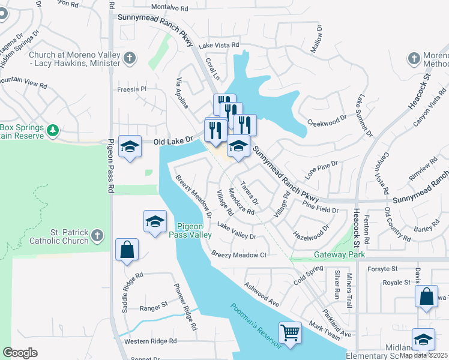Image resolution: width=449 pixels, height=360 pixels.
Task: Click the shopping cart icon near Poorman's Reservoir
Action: pos(290,332)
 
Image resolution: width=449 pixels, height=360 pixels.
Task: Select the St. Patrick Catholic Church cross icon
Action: pos(98,235)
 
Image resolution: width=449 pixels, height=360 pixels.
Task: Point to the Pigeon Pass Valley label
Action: pos(194,230)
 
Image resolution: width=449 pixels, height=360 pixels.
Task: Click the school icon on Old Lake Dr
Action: pos(130,146)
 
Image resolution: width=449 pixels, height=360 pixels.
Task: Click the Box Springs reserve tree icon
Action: pos(53,130)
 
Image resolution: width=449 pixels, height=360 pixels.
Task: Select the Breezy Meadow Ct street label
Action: pos(239,254)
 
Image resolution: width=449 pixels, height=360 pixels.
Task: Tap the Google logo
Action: pos(20,353)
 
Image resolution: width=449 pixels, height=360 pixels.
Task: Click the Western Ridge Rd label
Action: pos(151,341)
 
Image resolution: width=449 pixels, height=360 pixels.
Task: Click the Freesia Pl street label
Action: pos(131,89)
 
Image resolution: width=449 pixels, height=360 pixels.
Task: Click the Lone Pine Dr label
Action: pos(322,165)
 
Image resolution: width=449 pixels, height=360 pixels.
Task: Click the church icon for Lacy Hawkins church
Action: pos(130,58)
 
